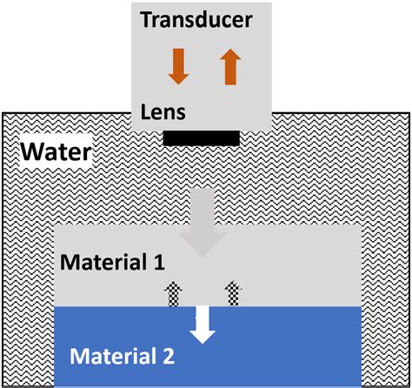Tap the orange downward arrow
(x=177, y=67)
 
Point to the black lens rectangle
(x=202, y=137)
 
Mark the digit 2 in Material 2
(x=169, y=356)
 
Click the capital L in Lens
(x=145, y=113)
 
